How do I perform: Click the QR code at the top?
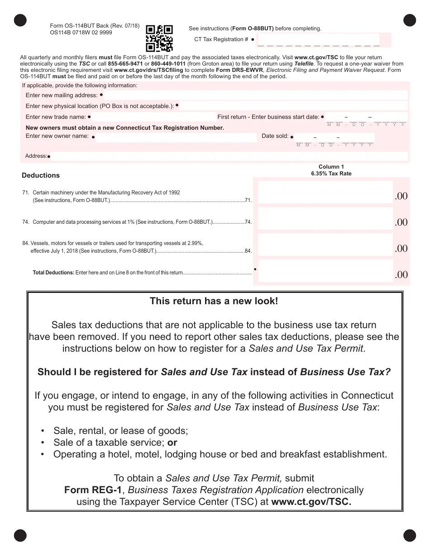point(159,38)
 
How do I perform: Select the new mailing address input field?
point(256,95)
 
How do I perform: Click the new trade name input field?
point(154,117)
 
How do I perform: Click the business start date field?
point(366,118)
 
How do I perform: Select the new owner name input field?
point(177,137)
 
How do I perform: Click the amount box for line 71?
point(325,192)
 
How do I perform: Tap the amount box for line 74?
point(325,219)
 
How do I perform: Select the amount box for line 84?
point(325,245)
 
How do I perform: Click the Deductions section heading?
point(41,175)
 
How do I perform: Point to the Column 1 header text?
point(331,167)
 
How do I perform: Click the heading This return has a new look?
point(214,301)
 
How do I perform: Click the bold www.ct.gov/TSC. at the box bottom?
point(311,502)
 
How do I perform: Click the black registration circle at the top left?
point(20,20)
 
